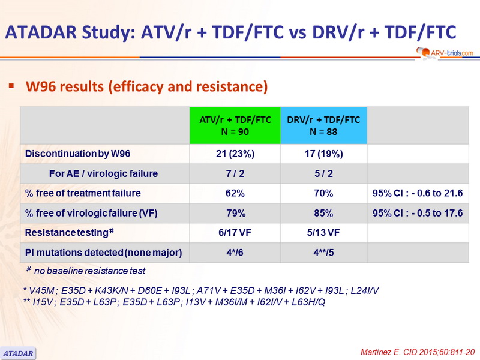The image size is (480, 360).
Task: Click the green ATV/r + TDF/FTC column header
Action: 235,125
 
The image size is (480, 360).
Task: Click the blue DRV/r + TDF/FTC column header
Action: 323,125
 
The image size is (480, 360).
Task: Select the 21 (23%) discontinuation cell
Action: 235,154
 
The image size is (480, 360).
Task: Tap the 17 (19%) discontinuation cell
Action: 323,154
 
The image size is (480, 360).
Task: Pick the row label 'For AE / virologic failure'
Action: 103,173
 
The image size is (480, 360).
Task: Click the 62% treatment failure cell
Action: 235,193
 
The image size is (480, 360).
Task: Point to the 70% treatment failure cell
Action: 323,193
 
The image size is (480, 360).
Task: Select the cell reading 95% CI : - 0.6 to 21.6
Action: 418,193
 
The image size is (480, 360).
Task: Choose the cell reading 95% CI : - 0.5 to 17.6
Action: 418,213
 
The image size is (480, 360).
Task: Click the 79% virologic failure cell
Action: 235,213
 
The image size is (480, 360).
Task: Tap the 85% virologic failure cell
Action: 323,213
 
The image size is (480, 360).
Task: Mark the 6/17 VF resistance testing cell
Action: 235,233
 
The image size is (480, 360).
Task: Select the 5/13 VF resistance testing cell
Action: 323,233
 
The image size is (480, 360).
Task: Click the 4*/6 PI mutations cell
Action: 235,253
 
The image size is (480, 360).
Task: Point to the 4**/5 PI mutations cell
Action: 323,253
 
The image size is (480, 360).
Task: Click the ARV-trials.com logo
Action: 445,53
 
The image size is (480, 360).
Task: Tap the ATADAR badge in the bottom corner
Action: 18,353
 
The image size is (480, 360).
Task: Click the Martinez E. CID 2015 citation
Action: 418,352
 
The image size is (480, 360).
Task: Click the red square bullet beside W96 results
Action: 11,86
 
